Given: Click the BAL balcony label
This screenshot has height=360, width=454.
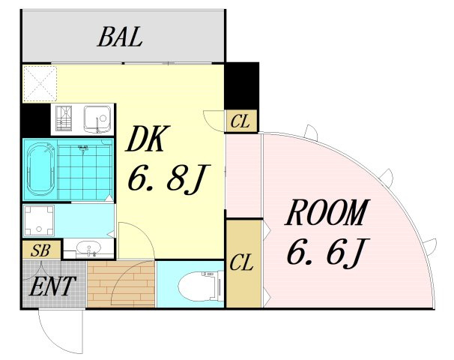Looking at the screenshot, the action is tap(120, 37).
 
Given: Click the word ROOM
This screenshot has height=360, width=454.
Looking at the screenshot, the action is tap(327, 212).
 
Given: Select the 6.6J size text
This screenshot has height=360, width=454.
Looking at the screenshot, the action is tap(328, 251).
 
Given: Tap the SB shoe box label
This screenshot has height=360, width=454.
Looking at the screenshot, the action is tap(40, 250).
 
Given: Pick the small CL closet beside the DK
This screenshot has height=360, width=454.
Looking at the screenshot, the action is tap(240, 121).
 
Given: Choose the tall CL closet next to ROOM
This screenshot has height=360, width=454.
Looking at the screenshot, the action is tap(244, 263).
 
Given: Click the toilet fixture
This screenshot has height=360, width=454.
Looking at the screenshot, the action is tap(200, 286).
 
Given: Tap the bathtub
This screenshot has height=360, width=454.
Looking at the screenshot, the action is tap(40, 169).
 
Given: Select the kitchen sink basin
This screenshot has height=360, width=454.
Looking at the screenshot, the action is tap(97, 118).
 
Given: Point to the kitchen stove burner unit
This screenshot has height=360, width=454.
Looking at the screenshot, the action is tap(64, 118).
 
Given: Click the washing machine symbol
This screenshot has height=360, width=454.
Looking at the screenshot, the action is tap(39, 220).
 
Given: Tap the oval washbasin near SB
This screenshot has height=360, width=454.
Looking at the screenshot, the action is tap(88, 247).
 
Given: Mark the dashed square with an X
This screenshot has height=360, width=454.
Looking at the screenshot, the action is tap(40, 84).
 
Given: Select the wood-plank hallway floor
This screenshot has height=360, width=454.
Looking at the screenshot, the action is tap(121, 283).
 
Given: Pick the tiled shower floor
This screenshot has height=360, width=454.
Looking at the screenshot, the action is tap(85, 169).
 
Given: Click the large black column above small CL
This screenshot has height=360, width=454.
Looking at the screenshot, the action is tap(241, 85).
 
